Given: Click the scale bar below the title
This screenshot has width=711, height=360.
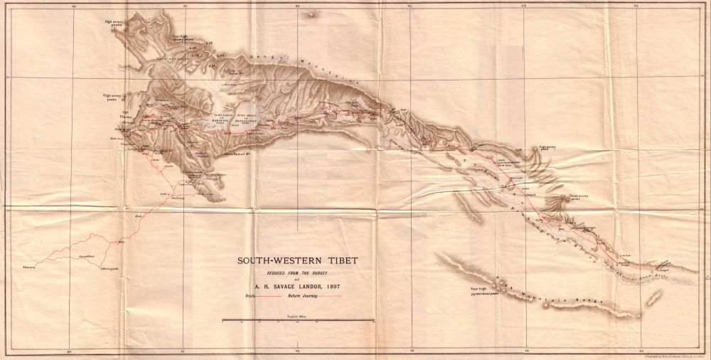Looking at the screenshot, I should tap(298, 322).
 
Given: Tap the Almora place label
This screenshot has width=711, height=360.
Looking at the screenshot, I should tap(28, 267).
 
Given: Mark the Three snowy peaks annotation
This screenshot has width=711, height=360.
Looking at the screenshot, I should tap(579, 200).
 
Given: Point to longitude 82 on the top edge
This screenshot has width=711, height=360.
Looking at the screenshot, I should tap(297, 5).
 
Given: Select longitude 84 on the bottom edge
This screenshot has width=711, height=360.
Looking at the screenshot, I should tap(526, 351).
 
